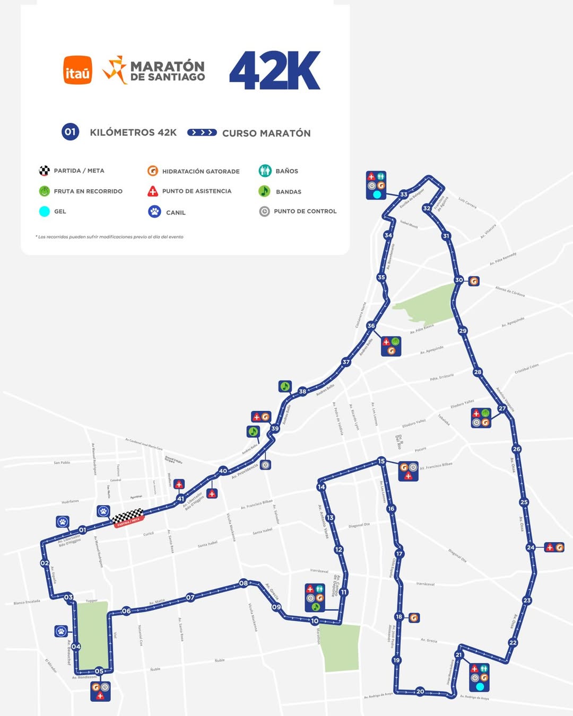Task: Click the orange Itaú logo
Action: [77, 70]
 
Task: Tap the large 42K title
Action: [275, 70]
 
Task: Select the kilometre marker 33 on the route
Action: [404, 195]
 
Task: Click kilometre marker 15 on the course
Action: [381, 461]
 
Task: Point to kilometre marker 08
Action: [243, 583]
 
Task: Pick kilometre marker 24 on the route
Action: [531, 547]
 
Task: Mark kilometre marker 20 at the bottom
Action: [420, 691]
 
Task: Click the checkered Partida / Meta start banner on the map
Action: [127, 517]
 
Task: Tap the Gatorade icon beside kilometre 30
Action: [474, 281]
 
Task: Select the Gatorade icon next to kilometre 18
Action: [414, 617]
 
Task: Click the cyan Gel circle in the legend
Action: [45, 211]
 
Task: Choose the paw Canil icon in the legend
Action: [154, 211]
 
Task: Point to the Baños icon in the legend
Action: [265, 171]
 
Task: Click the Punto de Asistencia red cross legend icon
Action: [153, 191]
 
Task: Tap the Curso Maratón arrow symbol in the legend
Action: [202, 132]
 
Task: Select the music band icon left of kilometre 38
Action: [285, 386]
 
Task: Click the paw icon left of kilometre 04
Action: [62, 631]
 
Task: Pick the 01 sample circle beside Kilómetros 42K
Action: [71, 132]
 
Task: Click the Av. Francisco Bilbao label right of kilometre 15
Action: [436, 466]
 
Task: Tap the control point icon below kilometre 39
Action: [265, 465]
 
